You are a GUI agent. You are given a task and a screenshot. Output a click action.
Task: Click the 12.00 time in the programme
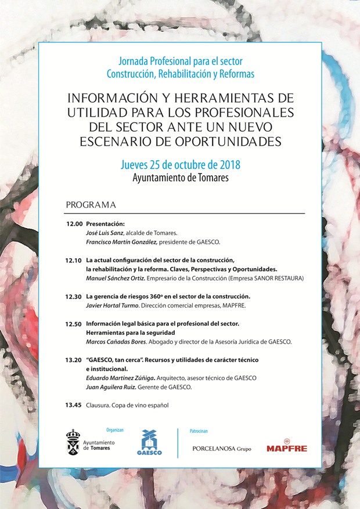point(74,223)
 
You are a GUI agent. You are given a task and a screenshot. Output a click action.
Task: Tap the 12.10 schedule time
point(74,260)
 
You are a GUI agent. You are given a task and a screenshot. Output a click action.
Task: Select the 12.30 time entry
point(74,296)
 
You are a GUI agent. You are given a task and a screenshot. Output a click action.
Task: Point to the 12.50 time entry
point(74,323)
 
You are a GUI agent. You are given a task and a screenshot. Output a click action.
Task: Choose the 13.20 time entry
point(74,360)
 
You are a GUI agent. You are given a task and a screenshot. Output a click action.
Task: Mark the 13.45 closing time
point(74,405)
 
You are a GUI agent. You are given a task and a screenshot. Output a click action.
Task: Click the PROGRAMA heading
point(91,205)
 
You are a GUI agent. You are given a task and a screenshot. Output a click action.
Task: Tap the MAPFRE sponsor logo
point(287,447)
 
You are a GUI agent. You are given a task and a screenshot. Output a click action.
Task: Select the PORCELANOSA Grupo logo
point(222,449)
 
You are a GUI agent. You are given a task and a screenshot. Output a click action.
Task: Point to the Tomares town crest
point(73,442)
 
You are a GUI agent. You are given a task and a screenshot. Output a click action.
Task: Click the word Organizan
point(115,430)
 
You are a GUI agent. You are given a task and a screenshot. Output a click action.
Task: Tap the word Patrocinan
point(199,431)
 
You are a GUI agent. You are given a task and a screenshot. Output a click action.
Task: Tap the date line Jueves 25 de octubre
point(180,164)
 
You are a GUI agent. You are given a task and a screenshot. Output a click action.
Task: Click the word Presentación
point(105,223)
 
